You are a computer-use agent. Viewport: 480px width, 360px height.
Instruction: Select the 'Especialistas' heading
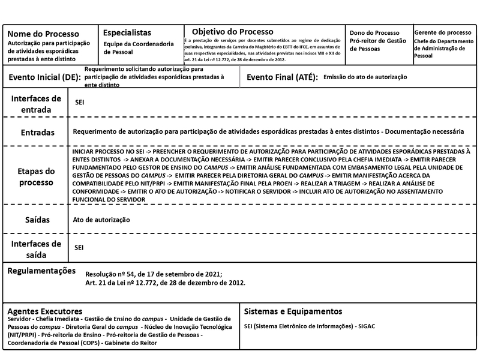pyautogui.click(x=127, y=32)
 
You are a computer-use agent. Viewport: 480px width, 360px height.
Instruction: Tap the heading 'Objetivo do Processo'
pyautogui.click(x=233, y=31)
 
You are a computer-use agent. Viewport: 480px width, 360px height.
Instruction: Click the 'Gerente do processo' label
pyautogui.click(x=443, y=32)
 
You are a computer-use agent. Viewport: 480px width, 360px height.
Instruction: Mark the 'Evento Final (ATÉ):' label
pyautogui.click(x=282, y=77)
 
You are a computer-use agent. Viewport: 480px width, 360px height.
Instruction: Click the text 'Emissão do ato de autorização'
pyautogui.click(x=365, y=77)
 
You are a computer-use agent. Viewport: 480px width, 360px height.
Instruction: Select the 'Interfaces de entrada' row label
pyautogui.click(x=36, y=103)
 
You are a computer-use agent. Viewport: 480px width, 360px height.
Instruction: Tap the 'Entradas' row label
pyautogui.click(x=37, y=132)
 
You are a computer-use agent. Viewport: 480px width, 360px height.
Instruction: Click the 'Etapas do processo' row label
pyautogui.click(x=37, y=176)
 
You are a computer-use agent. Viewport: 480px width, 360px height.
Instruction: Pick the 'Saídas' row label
pyautogui.click(x=37, y=220)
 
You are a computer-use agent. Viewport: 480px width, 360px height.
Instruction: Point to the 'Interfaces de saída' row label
pyautogui.click(x=36, y=249)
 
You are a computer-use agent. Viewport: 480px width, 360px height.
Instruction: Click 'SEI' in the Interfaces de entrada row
pyautogui.click(x=79, y=103)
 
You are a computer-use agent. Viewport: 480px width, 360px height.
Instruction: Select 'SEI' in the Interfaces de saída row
pyautogui.click(x=79, y=247)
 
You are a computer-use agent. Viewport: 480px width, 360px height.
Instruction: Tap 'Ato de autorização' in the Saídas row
pyautogui.click(x=101, y=220)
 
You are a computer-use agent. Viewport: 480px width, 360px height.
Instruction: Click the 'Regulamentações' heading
pyautogui.click(x=41, y=271)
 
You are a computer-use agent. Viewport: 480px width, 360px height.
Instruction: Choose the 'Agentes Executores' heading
pyautogui.click(x=44, y=311)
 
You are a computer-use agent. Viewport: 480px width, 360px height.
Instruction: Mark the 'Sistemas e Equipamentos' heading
pyautogui.click(x=293, y=311)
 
